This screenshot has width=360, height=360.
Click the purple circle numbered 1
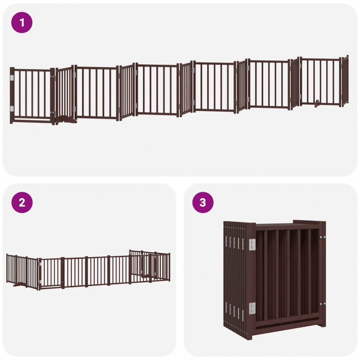pyautogui.click(x=22, y=22)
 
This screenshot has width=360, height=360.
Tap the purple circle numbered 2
pyautogui.click(x=22, y=202)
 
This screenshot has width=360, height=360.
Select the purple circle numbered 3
pyautogui.click(x=203, y=202)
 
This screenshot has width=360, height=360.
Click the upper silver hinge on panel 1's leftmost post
pyautogui.click(x=12, y=77)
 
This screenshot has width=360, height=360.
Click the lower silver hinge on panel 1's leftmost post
pyautogui.click(x=12, y=108)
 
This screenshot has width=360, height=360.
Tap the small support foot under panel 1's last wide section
pyautogui.click(x=317, y=103)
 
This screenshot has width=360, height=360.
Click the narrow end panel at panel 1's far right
pyautogui.click(x=345, y=81)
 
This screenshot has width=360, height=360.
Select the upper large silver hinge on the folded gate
pyautogui.click(x=252, y=244)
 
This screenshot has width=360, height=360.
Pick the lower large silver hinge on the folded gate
pyautogui.click(x=252, y=308)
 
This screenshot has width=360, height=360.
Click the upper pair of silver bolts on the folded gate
pyautogui.click(x=323, y=238)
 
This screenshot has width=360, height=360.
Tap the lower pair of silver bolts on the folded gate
pyautogui.click(x=323, y=304)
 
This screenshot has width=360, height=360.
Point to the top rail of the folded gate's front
pyautogui.click(x=288, y=227)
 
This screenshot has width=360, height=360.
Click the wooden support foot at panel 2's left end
pyautogui.click(x=19, y=285)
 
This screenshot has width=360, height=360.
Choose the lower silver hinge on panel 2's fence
pyautogui.click(x=40, y=282)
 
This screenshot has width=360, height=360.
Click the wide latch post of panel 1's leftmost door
pyautogui.click(x=53, y=96)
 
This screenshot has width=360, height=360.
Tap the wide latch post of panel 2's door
pyautogui.click(x=63, y=273)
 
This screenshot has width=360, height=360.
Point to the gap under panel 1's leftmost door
pyautogui.click(x=32, y=120)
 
